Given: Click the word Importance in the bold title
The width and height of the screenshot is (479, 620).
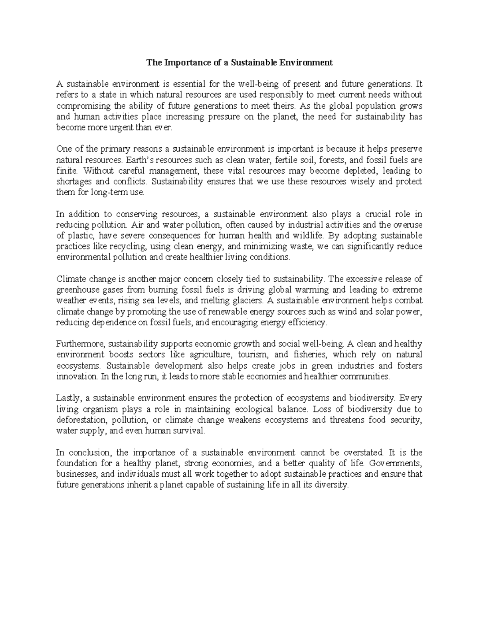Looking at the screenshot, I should (178, 63).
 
